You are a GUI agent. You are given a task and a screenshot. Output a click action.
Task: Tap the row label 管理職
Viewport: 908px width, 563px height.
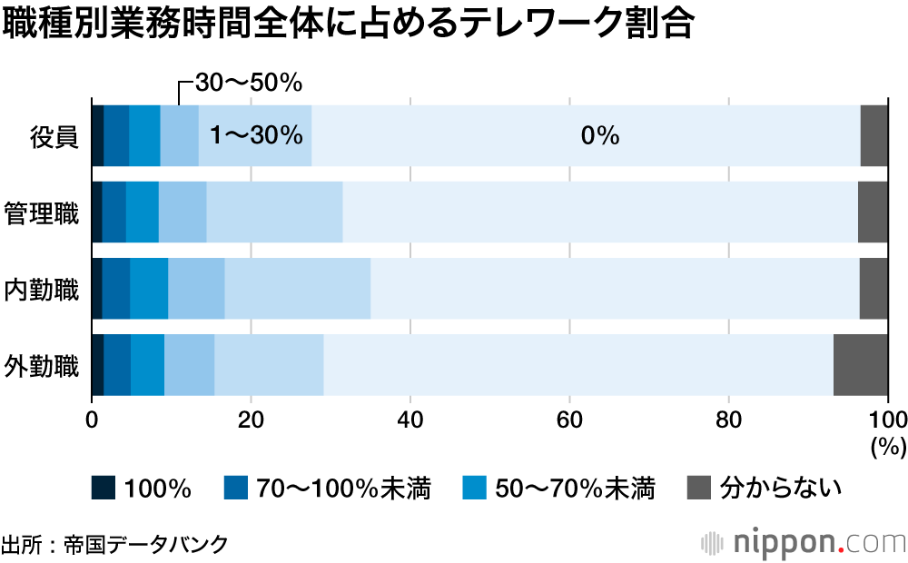pyautogui.click(x=42, y=214)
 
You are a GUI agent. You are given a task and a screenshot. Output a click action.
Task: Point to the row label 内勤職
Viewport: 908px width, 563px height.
pyautogui.click(x=42, y=291)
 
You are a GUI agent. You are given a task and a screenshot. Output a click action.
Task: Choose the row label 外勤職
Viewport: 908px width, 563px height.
pyautogui.click(x=42, y=367)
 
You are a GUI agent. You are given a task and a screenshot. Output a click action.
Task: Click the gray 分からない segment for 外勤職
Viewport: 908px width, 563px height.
pyautogui.click(x=860, y=365)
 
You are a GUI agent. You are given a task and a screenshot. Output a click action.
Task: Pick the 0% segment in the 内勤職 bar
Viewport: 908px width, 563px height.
pyautogui.click(x=615, y=289)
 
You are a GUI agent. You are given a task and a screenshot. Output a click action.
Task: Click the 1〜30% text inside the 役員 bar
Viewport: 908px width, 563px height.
pyautogui.click(x=255, y=136)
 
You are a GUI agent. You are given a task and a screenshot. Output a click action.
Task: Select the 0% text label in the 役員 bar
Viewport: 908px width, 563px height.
pyautogui.click(x=599, y=136)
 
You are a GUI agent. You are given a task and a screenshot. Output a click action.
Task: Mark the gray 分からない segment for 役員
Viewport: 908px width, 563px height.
pyautogui.click(x=873, y=136)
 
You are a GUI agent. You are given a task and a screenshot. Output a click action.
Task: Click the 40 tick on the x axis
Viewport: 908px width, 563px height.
pyautogui.click(x=410, y=420)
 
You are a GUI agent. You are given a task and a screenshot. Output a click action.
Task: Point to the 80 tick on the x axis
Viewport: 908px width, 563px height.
pyautogui.click(x=729, y=420)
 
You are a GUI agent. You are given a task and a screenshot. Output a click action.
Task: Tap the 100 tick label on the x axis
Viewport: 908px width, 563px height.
pyautogui.click(x=888, y=420)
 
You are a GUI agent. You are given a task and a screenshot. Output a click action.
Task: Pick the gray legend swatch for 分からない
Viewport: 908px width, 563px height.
pyautogui.click(x=696, y=489)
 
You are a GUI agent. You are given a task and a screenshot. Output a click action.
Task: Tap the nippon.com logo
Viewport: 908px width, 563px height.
pyautogui.click(x=804, y=542)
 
